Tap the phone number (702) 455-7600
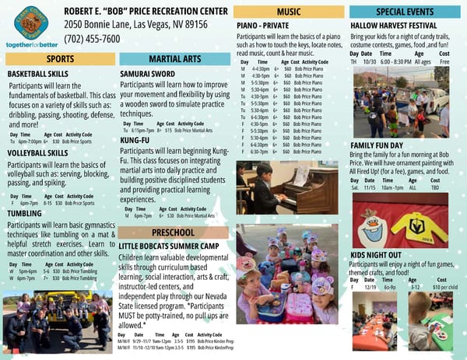[x=92, y=39]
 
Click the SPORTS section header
[x=60, y=59]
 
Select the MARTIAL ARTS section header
[x=174, y=59]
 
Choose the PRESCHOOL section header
[x=174, y=232]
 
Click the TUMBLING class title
[x=24, y=212]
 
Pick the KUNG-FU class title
[x=135, y=140]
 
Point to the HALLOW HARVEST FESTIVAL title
[x=392, y=26]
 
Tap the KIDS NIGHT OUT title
[x=376, y=255]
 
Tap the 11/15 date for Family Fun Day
[x=370, y=187]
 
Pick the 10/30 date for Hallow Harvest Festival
[x=369, y=61]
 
